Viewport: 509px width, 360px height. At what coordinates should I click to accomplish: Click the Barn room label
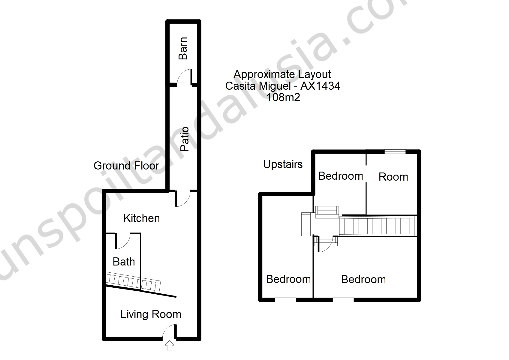coord(183,48)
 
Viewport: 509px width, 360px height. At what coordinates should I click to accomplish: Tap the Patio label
coord(185,139)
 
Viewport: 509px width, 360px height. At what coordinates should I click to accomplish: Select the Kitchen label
coord(142,218)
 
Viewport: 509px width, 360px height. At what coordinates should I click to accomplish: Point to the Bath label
coord(124,262)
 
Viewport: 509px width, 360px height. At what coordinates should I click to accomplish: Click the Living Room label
coord(151,315)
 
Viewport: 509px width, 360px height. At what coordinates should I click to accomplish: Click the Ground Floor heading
coord(126,166)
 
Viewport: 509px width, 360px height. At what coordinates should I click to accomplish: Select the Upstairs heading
coord(283,164)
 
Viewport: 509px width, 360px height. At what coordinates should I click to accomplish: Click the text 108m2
coord(283,97)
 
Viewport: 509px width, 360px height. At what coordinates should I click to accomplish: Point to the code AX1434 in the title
coord(321,86)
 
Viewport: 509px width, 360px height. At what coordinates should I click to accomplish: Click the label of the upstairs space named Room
coord(393,177)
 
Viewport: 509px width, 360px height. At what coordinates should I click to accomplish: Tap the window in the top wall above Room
coord(395,152)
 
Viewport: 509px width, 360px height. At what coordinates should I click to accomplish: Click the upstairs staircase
coord(378,226)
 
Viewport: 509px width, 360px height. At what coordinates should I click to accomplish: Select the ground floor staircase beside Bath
coord(133,282)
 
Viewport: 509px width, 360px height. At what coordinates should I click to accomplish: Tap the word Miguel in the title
coord(275,86)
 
